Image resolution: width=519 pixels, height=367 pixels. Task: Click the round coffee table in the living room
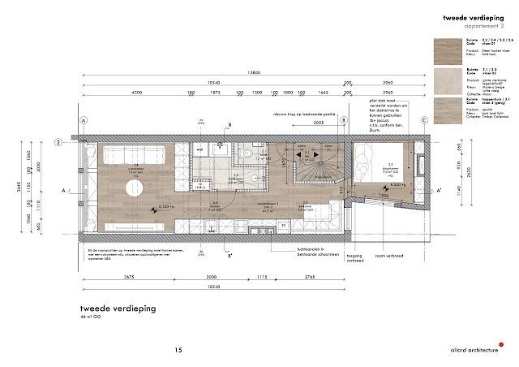click(134, 189)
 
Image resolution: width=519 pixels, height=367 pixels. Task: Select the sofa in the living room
click(132, 155)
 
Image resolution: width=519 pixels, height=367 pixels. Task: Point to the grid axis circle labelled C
click(423, 120)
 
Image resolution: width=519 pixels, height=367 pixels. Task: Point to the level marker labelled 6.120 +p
click(164, 208)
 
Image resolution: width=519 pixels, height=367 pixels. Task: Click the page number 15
click(178, 350)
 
